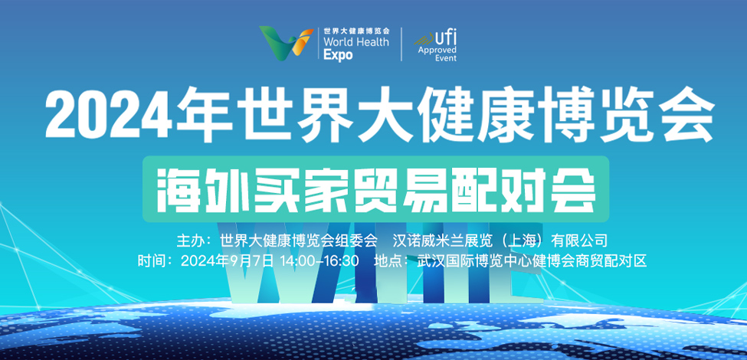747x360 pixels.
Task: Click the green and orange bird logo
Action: pos(287,43)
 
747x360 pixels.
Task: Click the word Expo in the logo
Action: pos(338,54)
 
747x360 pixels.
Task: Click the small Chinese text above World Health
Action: pos(356,30)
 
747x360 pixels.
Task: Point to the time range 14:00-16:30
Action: pos(319,261)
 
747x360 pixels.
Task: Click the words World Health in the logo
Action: pos(356,41)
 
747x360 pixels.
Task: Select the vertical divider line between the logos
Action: pos(401,44)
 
